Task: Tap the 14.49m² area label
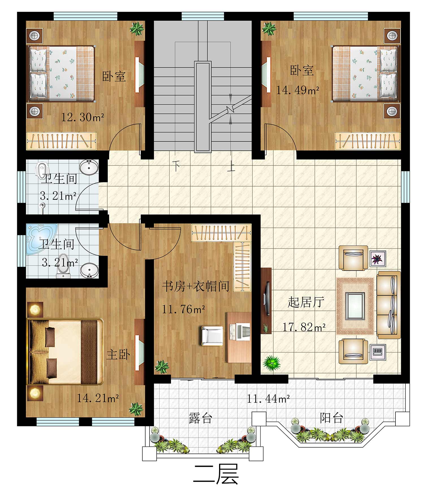click(298, 90)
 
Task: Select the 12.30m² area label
click(83, 117)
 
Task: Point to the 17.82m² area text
click(304, 327)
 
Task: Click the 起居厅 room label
click(306, 302)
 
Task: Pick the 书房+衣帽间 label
click(196, 286)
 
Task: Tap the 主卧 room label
click(118, 354)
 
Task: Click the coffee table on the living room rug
click(355, 306)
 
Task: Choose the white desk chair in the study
click(212, 336)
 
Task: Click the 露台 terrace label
click(200, 418)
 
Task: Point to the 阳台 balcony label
click(332, 418)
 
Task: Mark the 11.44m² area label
click(268, 399)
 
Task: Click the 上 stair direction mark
click(231, 167)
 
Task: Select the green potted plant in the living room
click(272, 363)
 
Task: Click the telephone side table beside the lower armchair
click(378, 352)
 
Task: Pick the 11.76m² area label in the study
click(183, 309)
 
